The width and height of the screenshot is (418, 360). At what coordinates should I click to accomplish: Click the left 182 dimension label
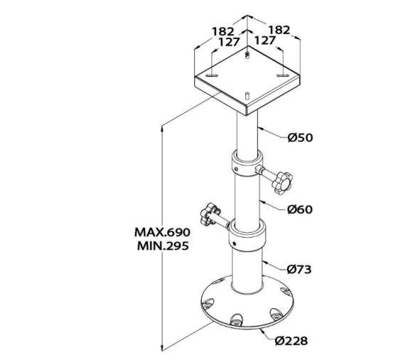[x=223, y=31]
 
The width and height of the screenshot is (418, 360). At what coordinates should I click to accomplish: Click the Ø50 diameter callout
[x=301, y=138]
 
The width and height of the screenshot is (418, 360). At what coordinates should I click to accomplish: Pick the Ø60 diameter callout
[x=300, y=209]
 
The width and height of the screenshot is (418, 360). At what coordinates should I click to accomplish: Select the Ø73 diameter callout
[x=300, y=270]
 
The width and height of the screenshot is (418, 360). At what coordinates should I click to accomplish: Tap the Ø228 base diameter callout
[x=291, y=341]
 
